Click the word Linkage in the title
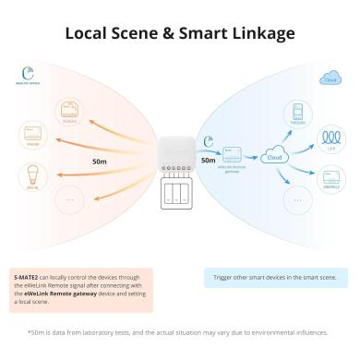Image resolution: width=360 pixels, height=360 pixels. [258, 34]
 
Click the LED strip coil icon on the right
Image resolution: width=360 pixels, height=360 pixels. [329, 141]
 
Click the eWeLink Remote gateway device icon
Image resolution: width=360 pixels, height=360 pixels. [234, 152]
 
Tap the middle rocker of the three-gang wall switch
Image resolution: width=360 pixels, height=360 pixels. [178, 193]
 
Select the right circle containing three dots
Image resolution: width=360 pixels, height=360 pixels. [296, 198]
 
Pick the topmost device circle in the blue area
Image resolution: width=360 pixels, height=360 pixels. [297, 114]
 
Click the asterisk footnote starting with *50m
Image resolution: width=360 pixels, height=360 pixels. [178, 334]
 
